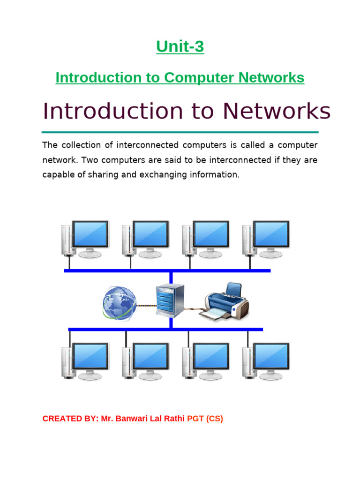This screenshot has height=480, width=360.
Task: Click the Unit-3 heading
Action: click(x=180, y=47)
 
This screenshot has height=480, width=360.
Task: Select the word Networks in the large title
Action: click(x=276, y=111)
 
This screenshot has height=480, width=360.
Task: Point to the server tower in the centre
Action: click(x=169, y=299)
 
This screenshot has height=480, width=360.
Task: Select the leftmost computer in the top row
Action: click(x=85, y=239)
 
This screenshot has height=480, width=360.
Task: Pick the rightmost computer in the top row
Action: click(x=266, y=239)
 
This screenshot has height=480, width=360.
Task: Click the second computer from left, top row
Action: click(x=145, y=239)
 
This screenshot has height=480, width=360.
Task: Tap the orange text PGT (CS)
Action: click(x=205, y=419)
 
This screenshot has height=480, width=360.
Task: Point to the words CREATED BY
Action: click(x=69, y=419)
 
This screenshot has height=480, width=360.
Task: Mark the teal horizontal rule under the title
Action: click(x=180, y=132)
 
